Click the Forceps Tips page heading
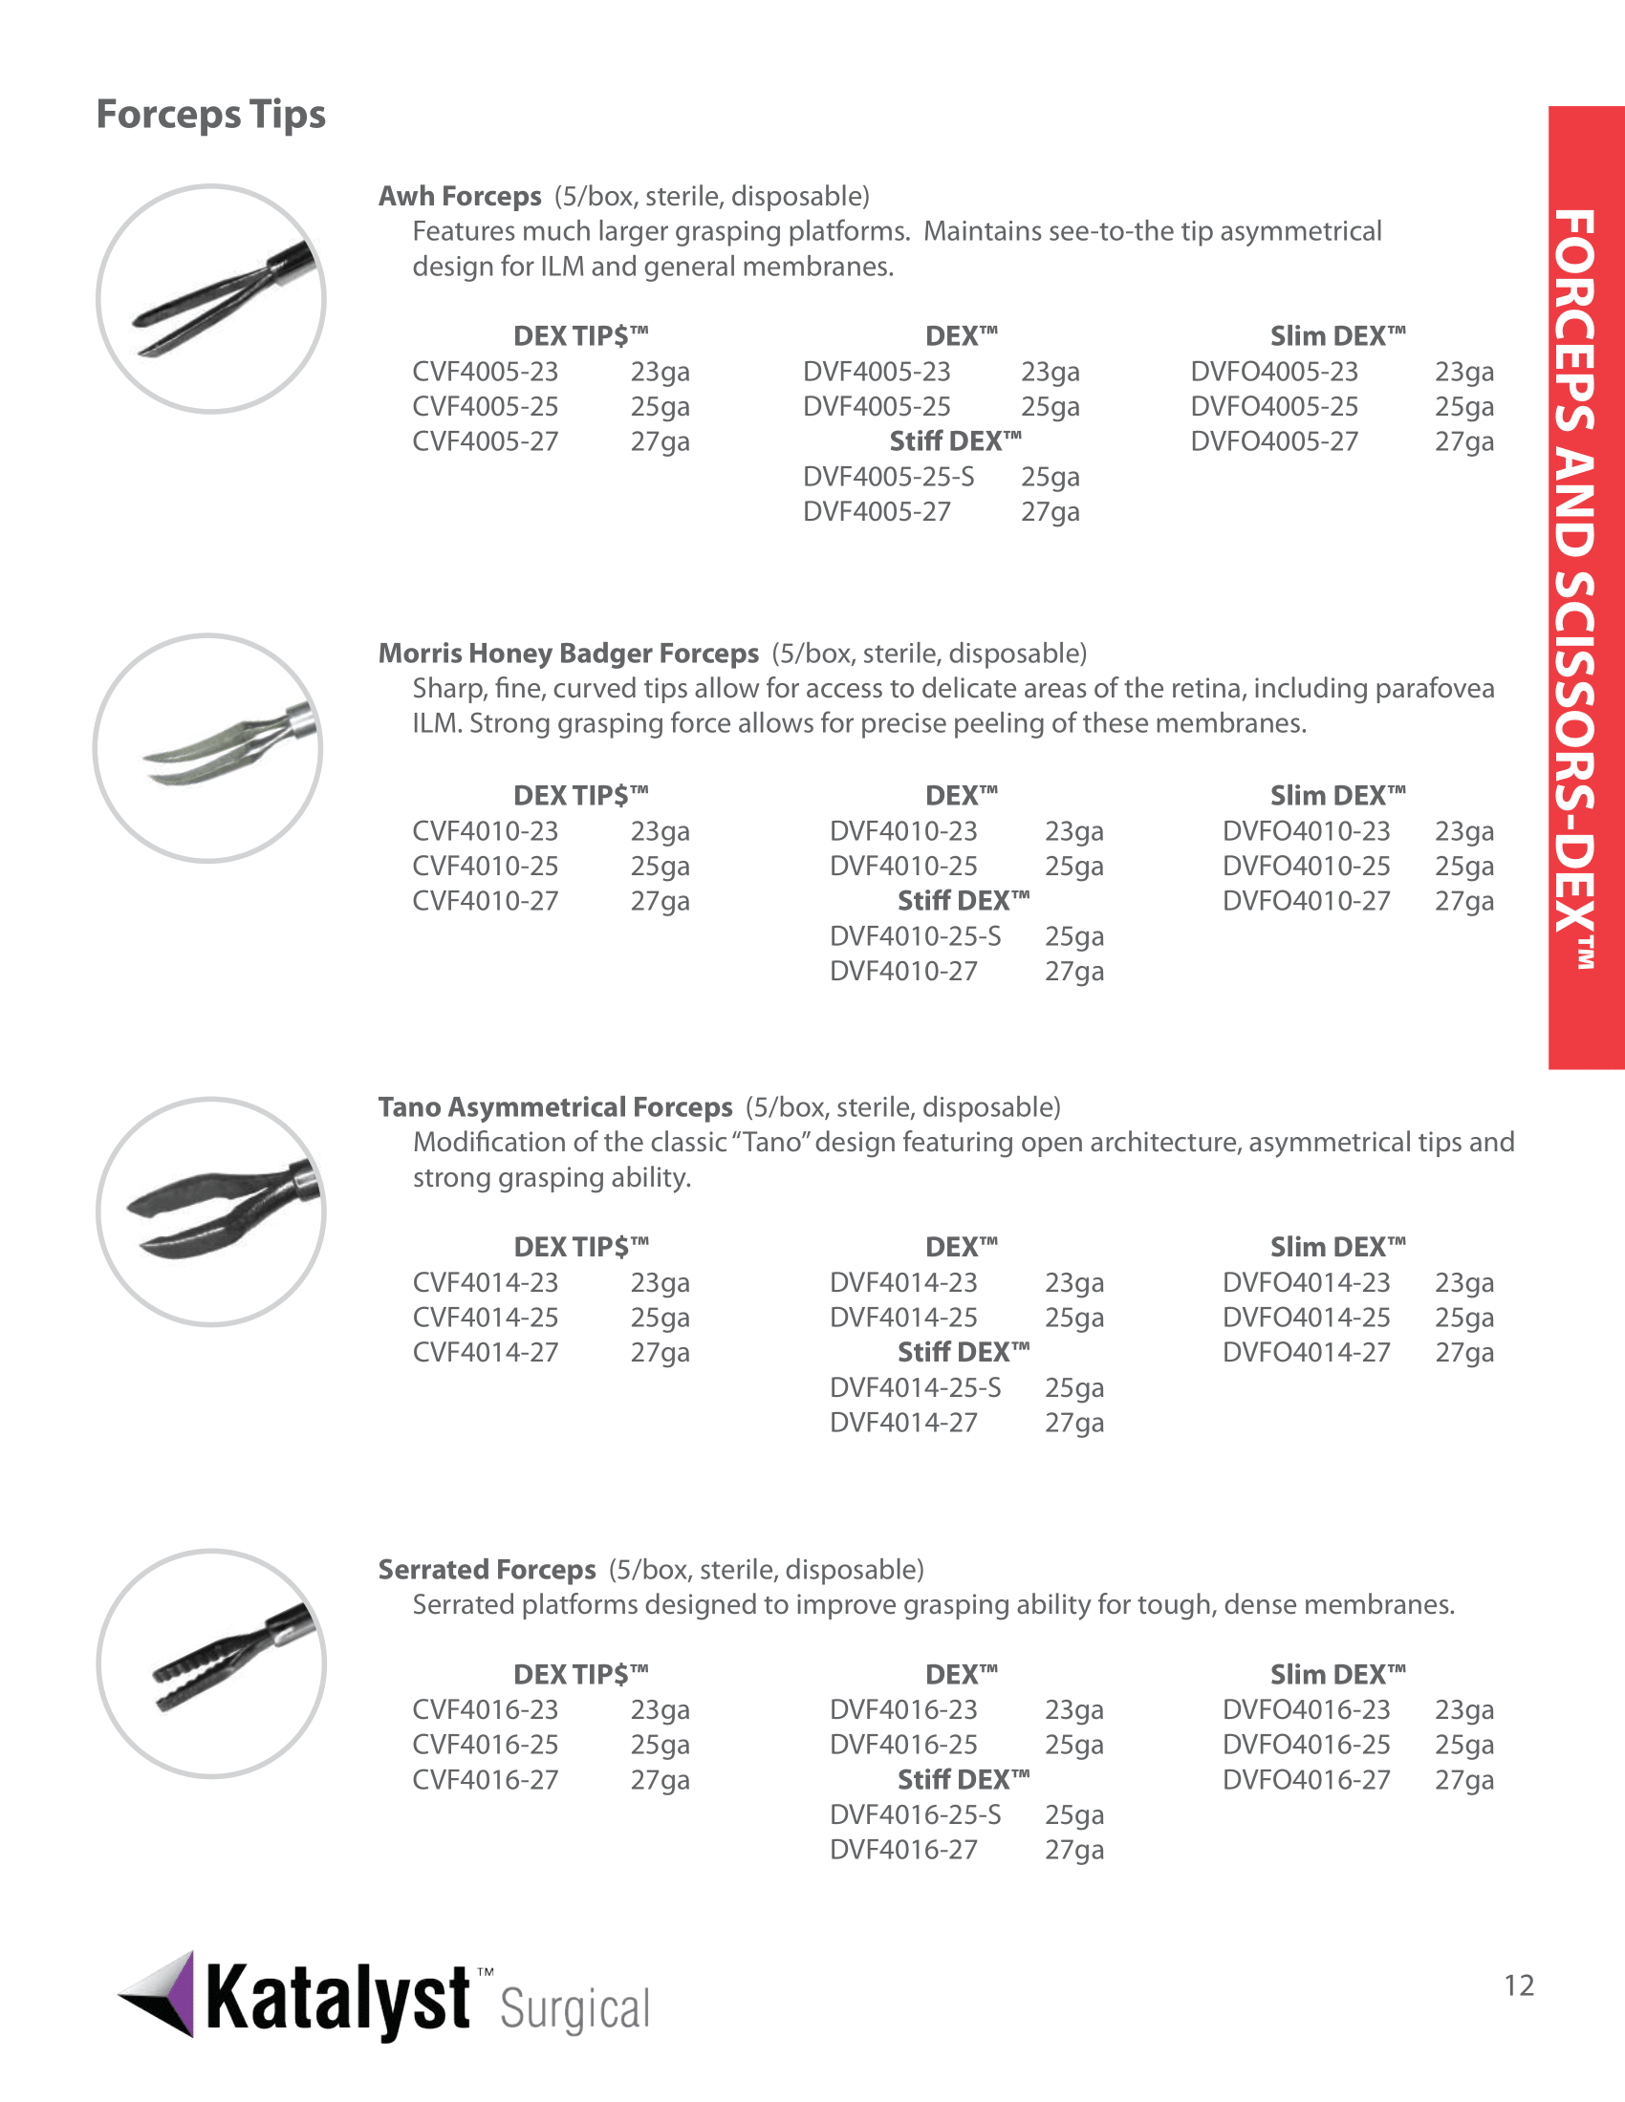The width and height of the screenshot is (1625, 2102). coord(211,115)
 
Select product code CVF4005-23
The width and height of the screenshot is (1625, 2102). coord(486,372)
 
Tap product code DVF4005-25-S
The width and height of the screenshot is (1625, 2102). coord(889,477)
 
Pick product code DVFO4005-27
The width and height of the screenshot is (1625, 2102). coord(1273,441)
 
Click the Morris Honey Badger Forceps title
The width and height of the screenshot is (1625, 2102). coord(568,654)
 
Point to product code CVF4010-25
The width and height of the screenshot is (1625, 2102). coord(486,867)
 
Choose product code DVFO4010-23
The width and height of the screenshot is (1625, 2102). coord(1306,830)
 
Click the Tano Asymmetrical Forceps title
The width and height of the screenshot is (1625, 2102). coord(554,1106)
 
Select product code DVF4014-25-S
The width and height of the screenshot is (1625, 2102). coord(915,1387)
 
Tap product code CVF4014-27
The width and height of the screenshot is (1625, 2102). coord(486,1352)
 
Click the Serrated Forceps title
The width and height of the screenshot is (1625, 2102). coord(487,1570)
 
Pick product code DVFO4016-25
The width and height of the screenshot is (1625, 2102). coord(1306,1745)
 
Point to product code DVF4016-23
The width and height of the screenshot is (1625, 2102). coord(903,1709)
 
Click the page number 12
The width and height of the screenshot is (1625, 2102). coord(1519,1985)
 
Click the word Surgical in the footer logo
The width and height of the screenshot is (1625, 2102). coord(574,2009)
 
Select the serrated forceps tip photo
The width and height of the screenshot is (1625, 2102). coord(211,1663)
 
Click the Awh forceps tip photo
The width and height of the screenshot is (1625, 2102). coord(211,299)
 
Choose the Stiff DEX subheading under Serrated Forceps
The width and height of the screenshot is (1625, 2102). coord(963,1780)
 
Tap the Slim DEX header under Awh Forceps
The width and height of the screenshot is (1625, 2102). coord(1337,336)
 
